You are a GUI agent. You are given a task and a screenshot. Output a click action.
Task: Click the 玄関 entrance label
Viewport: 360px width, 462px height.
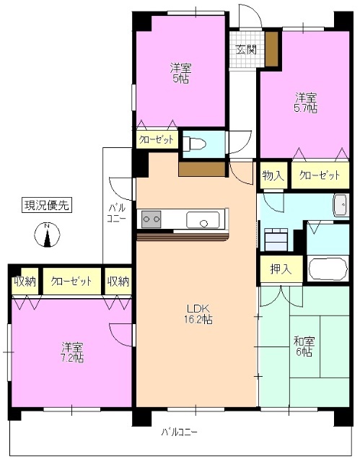click(245, 50)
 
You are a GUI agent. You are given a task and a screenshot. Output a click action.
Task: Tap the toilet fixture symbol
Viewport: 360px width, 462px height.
click(196, 143)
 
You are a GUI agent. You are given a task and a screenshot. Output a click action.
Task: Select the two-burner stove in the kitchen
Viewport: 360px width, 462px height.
click(152, 217)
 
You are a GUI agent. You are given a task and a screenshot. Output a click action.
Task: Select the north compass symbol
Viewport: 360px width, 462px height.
click(46, 235)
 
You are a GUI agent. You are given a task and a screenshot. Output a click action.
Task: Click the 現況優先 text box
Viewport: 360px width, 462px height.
click(45, 206)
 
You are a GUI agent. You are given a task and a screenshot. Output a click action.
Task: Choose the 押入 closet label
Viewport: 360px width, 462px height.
click(281, 269)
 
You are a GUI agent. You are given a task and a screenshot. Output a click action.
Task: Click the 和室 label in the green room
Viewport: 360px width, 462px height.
click(304, 341)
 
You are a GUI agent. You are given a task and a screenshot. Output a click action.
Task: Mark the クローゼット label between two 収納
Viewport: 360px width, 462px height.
click(71, 281)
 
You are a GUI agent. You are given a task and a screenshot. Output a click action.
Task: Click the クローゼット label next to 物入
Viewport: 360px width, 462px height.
click(319, 175)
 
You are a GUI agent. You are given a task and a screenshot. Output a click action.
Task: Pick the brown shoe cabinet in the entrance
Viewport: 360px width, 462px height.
click(272, 49)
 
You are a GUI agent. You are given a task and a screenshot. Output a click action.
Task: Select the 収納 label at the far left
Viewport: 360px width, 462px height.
click(25, 281)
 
